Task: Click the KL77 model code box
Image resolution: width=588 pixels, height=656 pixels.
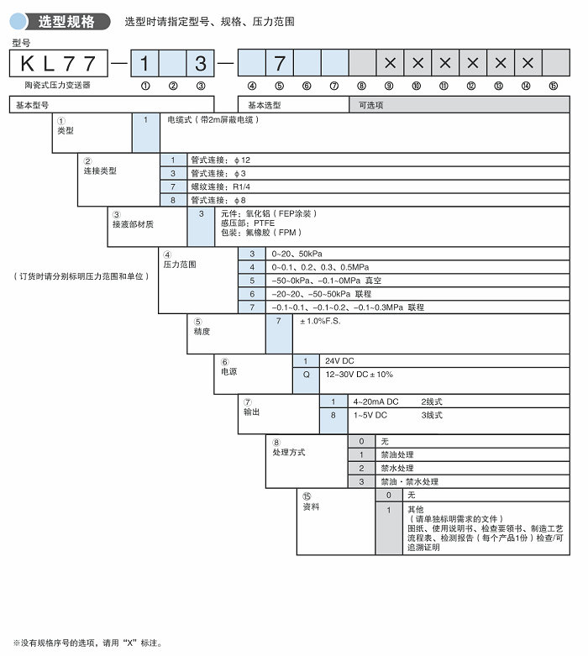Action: (x=59, y=63)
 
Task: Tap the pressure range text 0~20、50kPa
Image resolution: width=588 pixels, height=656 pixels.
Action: (x=297, y=255)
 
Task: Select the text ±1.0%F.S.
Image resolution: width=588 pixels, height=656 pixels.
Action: (x=320, y=322)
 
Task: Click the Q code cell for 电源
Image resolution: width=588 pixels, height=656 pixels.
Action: (x=306, y=375)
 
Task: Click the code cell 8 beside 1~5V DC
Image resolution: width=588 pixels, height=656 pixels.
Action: (x=333, y=415)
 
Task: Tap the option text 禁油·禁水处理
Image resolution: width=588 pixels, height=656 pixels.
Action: (x=409, y=481)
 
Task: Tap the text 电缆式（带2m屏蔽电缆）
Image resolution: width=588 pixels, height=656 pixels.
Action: (x=213, y=120)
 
